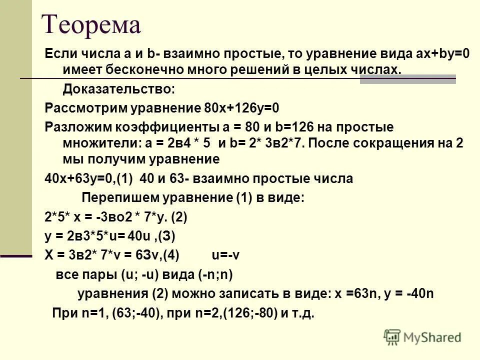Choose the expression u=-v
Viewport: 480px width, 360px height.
(226, 255)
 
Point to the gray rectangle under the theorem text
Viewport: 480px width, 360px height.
(407, 79)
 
